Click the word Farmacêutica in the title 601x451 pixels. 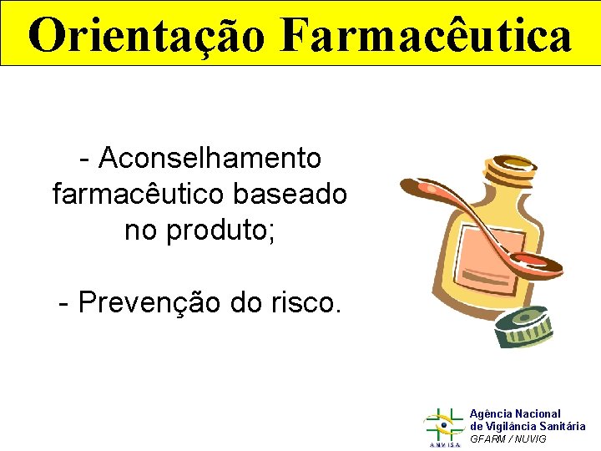click(x=427, y=35)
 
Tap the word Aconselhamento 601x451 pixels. click(x=210, y=157)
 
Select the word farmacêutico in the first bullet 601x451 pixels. click(x=139, y=194)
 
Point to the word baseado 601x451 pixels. click(x=290, y=194)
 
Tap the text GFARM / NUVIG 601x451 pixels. click(x=508, y=439)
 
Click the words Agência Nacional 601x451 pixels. click(x=515, y=413)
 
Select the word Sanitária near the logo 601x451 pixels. click(x=563, y=426)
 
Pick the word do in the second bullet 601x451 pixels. click(x=249, y=302)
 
